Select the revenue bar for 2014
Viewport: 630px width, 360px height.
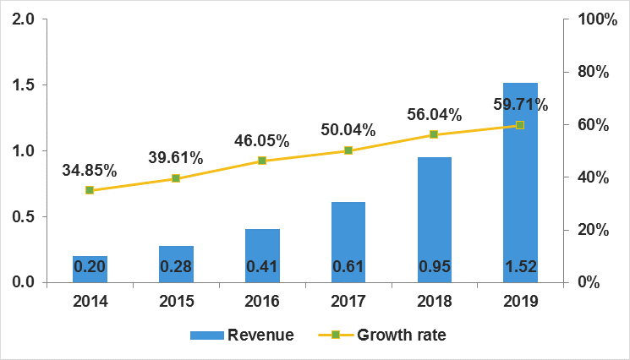[90, 269]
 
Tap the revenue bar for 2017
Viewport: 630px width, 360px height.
[348, 242]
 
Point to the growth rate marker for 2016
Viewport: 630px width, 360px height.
[262, 161]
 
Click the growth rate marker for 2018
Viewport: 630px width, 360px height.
[434, 134]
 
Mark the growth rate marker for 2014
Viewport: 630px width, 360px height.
[90, 190]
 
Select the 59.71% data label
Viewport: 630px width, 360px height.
[520, 106]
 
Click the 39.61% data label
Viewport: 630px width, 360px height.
[175, 157]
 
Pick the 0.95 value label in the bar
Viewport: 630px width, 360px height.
[434, 268]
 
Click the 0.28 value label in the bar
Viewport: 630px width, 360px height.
[176, 268]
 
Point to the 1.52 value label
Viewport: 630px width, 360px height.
[520, 268]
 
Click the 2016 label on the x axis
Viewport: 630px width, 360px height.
[262, 301]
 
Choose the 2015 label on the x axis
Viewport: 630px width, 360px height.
[176, 301]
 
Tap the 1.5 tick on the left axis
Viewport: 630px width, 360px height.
[24, 85]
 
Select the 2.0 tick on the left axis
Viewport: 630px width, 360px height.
[24, 19]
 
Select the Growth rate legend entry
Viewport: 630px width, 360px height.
[380, 335]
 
